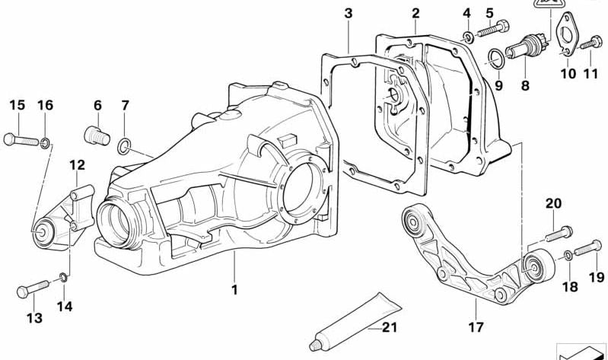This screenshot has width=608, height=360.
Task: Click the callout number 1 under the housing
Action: [235, 289]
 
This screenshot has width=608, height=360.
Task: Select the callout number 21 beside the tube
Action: [389, 328]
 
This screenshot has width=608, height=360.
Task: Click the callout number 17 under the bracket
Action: [476, 330]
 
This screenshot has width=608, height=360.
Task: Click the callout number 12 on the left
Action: [78, 164]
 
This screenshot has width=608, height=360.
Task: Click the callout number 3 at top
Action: [349, 13]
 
